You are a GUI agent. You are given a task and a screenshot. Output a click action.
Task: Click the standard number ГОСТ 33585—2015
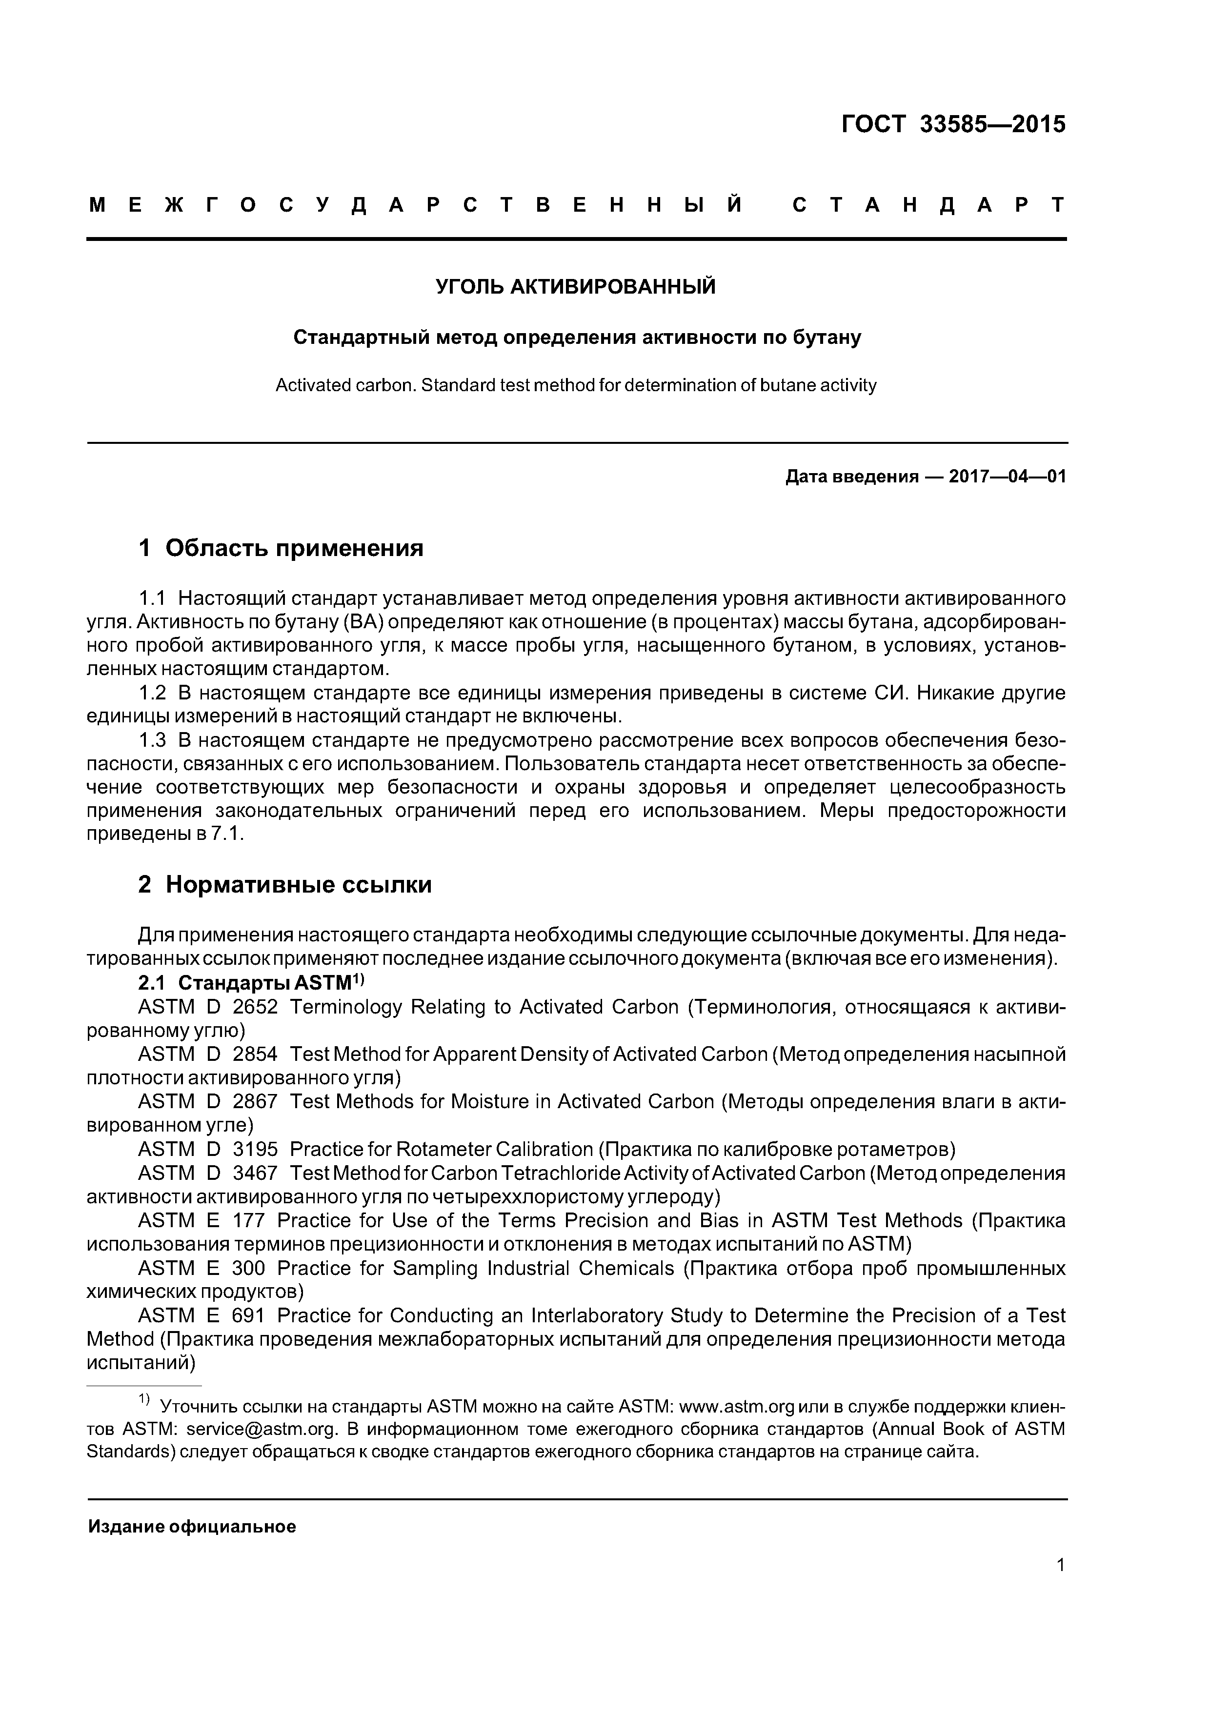pos(953,124)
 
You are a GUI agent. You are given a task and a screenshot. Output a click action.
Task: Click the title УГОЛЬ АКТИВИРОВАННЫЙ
pos(576,286)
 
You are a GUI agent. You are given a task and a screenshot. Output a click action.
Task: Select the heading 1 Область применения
pos(281,549)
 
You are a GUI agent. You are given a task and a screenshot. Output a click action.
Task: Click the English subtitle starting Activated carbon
pos(576,385)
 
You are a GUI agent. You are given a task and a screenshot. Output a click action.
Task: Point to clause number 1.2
pos(152,693)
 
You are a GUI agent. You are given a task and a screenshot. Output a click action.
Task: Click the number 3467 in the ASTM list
pos(255,1173)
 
